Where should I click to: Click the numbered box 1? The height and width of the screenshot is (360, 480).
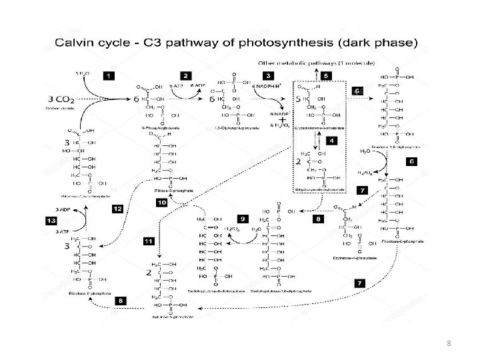(108, 75)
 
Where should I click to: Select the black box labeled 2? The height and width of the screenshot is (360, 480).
(186, 75)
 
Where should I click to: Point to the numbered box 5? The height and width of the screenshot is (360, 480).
(326, 75)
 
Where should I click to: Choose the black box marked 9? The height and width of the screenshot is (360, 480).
(243, 218)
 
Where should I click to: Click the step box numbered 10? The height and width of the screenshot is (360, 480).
(161, 201)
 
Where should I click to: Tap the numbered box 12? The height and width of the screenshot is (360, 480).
(117, 209)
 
